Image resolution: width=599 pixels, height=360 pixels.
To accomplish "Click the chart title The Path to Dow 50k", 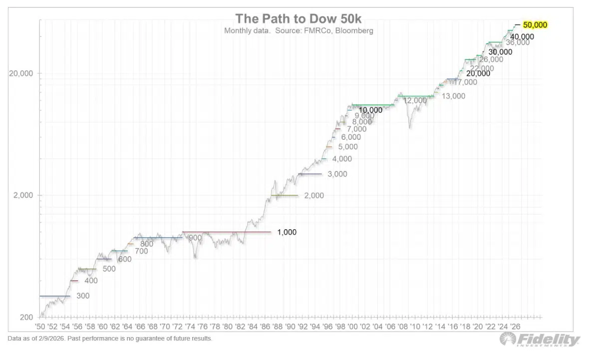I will (x=299, y=19).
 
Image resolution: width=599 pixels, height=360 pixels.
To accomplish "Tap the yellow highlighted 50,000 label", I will (x=535, y=24).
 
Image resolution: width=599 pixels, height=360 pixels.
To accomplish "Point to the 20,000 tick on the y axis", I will (x=21, y=73).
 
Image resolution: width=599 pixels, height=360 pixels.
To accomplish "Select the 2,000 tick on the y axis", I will (x=23, y=195).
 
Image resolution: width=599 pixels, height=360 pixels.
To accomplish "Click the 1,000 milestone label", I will (x=287, y=232).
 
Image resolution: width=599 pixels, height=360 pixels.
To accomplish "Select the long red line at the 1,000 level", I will (x=227, y=232).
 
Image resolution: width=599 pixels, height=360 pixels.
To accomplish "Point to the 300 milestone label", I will (x=83, y=296).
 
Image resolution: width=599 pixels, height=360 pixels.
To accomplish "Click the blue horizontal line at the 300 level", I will (x=55, y=296).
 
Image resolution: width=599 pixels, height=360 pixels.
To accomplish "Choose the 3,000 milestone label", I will (x=337, y=174).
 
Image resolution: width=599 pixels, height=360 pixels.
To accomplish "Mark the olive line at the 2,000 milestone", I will (x=284, y=195).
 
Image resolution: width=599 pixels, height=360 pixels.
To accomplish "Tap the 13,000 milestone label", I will (x=453, y=96).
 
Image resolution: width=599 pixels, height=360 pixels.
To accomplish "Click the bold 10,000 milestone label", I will (x=370, y=110).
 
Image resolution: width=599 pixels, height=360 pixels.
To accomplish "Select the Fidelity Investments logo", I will (x=540, y=341).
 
